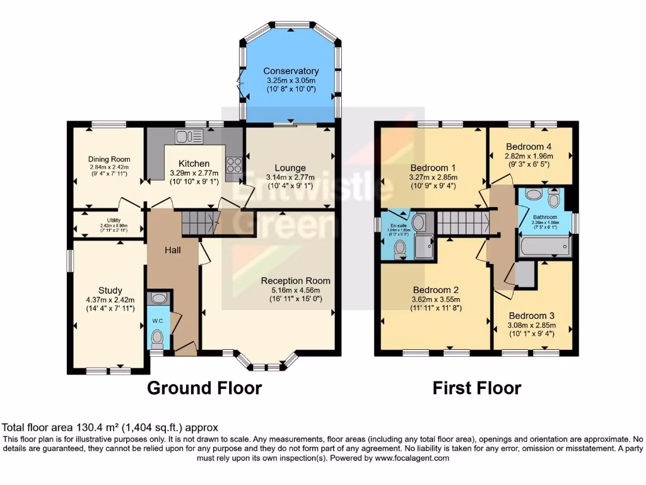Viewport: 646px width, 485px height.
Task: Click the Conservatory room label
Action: [291, 71]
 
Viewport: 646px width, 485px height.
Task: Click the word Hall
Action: [173, 251]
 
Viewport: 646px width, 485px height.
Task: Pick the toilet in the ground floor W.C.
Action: [158, 340]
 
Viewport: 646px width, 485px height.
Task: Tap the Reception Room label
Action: [295, 280]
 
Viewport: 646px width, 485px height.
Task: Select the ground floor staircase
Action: [199, 223]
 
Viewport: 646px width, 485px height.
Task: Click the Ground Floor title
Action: [204, 387]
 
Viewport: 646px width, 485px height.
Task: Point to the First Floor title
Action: [477, 387]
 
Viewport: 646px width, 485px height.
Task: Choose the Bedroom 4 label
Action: [529, 146]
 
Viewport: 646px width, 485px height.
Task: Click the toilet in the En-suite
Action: [399, 252]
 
